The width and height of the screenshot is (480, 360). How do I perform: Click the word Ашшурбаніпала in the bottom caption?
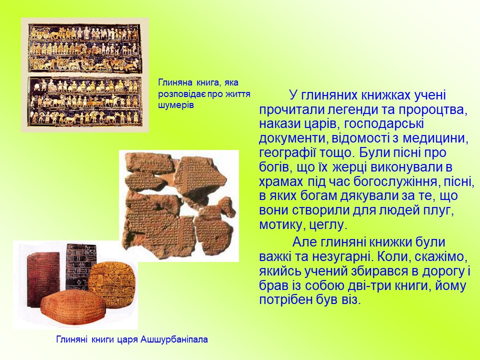(174, 339)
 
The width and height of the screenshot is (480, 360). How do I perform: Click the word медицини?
(435, 138)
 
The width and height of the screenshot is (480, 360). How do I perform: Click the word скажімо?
(441, 257)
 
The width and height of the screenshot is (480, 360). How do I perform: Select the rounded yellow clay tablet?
(111, 284)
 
